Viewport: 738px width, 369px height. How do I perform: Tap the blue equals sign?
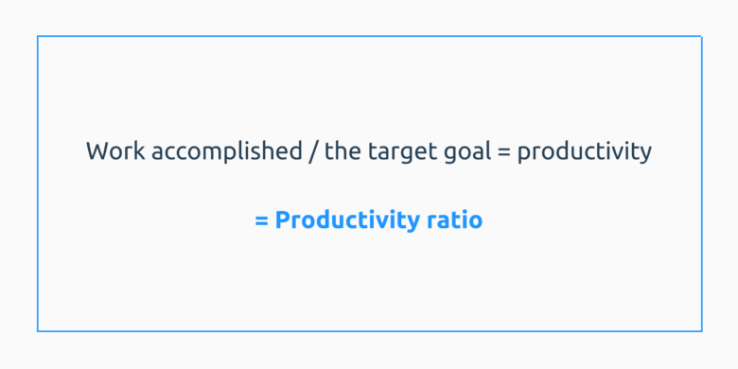click(261, 221)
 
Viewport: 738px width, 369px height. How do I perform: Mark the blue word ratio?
click(453, 221)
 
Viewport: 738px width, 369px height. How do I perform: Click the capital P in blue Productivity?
click(282, 221)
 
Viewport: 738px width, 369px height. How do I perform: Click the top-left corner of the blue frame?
click(38, 37)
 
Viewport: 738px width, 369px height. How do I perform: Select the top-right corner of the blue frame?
click(701, 37)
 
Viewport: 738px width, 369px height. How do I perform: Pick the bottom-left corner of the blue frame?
click(38, 331)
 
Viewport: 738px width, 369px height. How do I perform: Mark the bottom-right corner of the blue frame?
click(701, 331)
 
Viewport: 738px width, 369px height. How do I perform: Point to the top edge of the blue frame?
click(369, 37)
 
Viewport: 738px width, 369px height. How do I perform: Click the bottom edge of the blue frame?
click(369, 331)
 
